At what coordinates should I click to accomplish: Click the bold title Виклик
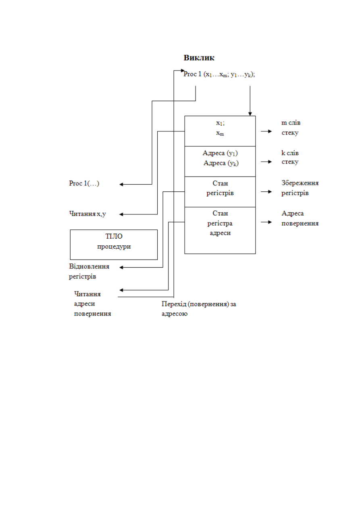click(199, 58)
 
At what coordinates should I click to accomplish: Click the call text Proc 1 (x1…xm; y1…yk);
click(219, 74)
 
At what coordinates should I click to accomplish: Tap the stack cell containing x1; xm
click(220, 131)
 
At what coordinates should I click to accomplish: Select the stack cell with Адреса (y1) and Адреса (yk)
click(220, 161)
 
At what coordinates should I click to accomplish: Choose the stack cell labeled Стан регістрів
click(220, 192)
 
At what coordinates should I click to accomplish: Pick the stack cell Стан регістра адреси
click(220, 230)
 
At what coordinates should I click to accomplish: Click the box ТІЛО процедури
click(114, 245)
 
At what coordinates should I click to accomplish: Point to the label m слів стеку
click(291, 128)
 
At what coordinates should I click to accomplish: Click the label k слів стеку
click(290, 157)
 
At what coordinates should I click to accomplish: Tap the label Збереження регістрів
click(300, 188)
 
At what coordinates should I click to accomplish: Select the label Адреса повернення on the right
click(300, 218)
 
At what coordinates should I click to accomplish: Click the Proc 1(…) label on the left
click(84, 183)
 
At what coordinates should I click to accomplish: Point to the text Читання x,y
click(87, 214)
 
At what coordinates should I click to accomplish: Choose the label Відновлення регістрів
click(89, 271)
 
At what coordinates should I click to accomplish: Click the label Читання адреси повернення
click(92, 304)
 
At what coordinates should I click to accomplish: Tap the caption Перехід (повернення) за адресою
click(199, 309)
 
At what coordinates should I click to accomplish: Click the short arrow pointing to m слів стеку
click(266, 131)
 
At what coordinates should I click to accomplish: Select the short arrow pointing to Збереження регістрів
click(266, 192)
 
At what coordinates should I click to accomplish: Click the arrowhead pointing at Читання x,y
click(121, 214)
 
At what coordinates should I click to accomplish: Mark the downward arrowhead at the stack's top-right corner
click(250, 114)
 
